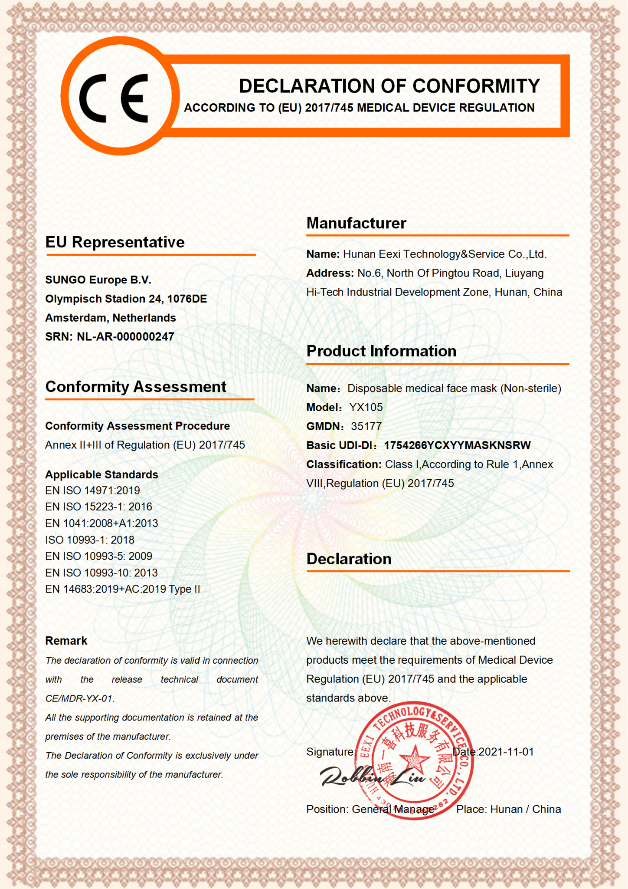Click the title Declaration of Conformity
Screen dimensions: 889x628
389,86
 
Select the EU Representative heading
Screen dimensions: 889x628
115,242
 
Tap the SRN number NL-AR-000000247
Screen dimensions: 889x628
125,337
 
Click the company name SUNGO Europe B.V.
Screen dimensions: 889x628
98,280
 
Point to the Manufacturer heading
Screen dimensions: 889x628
356,223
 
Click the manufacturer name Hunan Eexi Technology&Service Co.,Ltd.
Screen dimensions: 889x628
445,254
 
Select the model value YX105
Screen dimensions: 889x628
366,407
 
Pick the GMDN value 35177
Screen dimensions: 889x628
366,426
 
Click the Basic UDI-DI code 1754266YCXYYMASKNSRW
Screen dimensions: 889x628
457,445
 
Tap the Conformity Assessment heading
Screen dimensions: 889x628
136,387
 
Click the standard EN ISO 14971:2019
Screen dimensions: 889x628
92,491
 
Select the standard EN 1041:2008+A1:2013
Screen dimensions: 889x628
101,524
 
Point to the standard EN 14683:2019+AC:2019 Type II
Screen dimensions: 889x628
123,589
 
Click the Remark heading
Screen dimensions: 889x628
66,641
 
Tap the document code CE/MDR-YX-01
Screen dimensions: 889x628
79,698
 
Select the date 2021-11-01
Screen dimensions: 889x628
506,752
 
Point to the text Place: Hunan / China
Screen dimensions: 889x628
508,809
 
